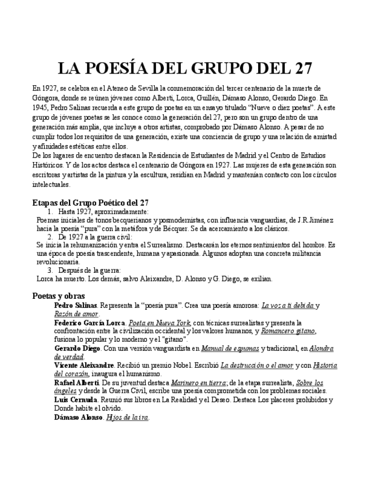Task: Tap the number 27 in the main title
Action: (x=299, y=68)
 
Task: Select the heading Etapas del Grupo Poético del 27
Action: (x=90, y=203)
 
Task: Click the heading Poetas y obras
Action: (x=59, y=295)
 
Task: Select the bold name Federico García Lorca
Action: (x=89, y=323)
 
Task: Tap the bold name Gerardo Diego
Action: (x=77, y=348)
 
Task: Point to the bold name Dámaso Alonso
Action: (x=79, y=417)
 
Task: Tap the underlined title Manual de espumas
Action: (x=230, y=348)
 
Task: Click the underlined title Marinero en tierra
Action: (x=196, y=382)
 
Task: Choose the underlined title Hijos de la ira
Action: (x=127, y=417)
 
